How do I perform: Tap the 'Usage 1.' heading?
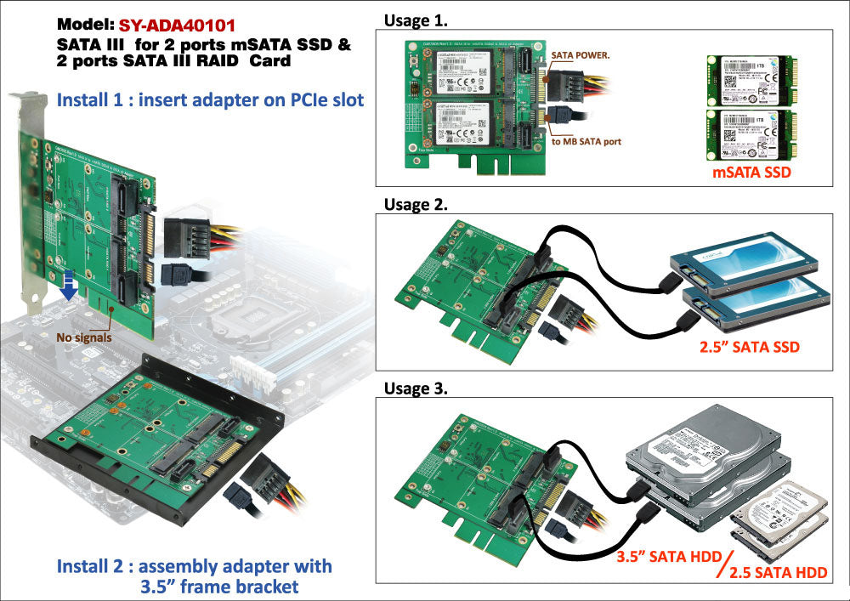(416, 20)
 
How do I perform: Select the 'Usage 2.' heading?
(416, 204)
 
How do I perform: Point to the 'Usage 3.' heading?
(416, 388)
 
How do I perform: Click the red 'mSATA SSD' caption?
(751, 174)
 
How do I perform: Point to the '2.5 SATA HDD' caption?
(779, 572)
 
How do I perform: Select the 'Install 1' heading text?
(210, 100)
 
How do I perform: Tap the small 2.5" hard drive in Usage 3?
(778, 514)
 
